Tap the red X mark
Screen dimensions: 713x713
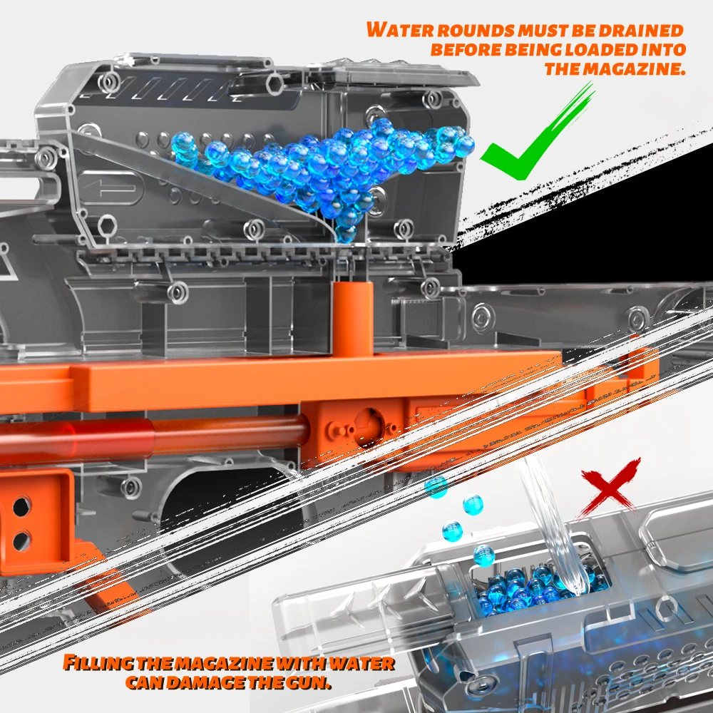610,489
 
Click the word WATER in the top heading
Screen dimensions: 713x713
400,30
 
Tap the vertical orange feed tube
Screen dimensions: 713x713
353,318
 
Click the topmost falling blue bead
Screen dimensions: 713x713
436,486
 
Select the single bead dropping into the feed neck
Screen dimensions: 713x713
346,234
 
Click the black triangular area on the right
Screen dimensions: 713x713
614,227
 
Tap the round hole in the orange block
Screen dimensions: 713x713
369,428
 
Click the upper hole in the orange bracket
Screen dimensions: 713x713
21,506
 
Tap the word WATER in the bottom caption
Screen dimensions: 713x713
361,663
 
